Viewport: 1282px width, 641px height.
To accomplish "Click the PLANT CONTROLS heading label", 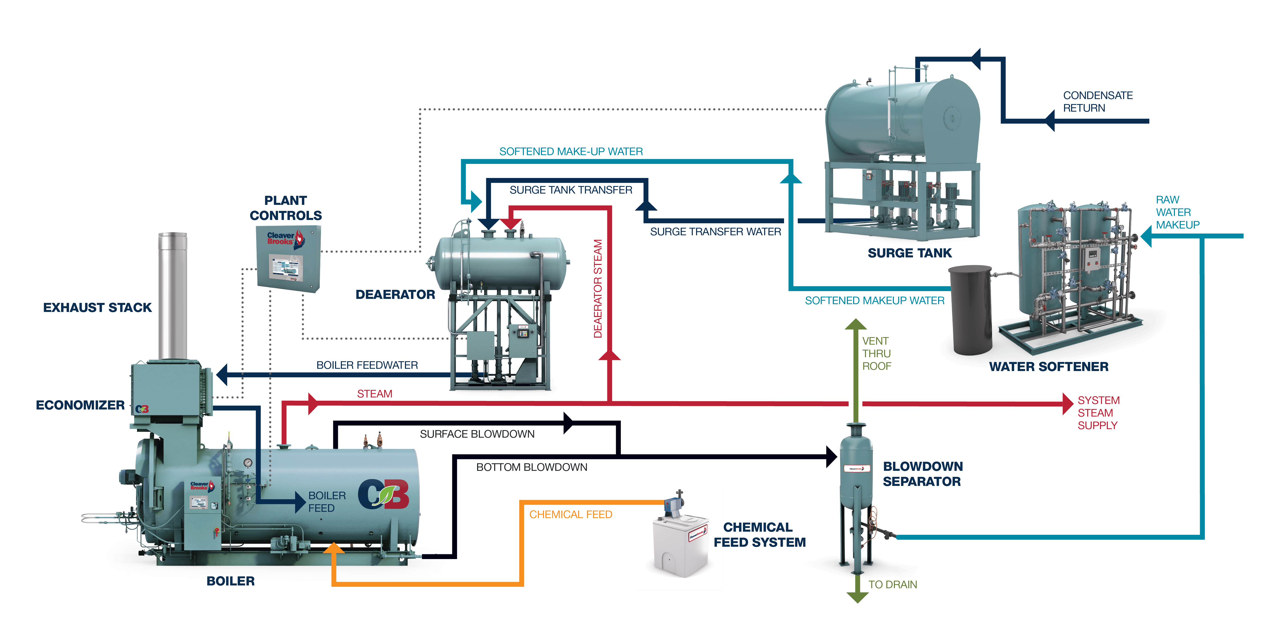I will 286,208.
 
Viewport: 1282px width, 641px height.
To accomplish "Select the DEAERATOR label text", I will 395,295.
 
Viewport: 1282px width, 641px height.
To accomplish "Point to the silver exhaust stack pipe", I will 172,294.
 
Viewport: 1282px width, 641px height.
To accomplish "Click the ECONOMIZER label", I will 80,405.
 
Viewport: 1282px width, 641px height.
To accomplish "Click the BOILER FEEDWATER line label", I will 367,365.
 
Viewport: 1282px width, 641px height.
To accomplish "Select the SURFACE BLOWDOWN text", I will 477,434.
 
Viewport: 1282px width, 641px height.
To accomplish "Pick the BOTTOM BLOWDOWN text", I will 531,467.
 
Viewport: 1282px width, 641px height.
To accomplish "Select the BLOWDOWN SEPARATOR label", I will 922,474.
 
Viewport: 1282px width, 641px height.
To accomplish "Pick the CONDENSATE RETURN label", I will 1097,102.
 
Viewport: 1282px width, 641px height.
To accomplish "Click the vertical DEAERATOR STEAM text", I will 598,289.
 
